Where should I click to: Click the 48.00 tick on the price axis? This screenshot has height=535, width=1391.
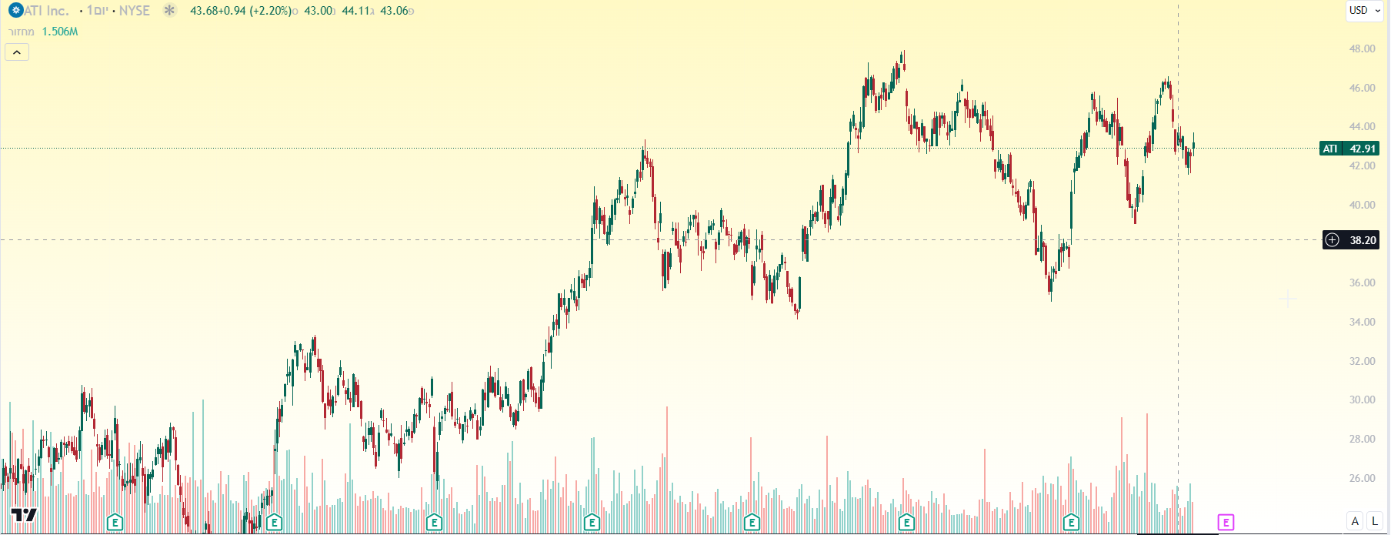point(1362,48)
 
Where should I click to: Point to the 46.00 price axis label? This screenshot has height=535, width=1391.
point(1362,88)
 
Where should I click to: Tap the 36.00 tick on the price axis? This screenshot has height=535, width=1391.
point(1362,283)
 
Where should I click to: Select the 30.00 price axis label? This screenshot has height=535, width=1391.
point(1362,400)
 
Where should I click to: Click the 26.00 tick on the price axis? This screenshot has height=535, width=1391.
point(1362,478)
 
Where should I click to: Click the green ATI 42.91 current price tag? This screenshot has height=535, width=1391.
point(1349,149)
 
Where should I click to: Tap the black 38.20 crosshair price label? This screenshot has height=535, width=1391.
point(1362,240)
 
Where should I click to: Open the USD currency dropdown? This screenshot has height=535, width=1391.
point(1364,11)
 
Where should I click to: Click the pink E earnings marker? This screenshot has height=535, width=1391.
point(1226,523)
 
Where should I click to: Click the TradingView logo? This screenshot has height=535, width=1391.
point(23,515)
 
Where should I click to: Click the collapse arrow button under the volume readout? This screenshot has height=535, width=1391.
point(17,52)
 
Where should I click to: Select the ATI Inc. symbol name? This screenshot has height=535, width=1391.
point(47,11)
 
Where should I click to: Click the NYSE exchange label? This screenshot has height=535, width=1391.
point(135,11)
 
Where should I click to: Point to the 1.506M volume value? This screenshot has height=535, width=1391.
point(60,32)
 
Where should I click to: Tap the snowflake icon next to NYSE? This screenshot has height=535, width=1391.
point(169,11)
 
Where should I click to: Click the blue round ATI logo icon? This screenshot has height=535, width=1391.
point(15,11)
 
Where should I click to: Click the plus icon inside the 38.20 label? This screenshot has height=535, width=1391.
point(1333,240)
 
